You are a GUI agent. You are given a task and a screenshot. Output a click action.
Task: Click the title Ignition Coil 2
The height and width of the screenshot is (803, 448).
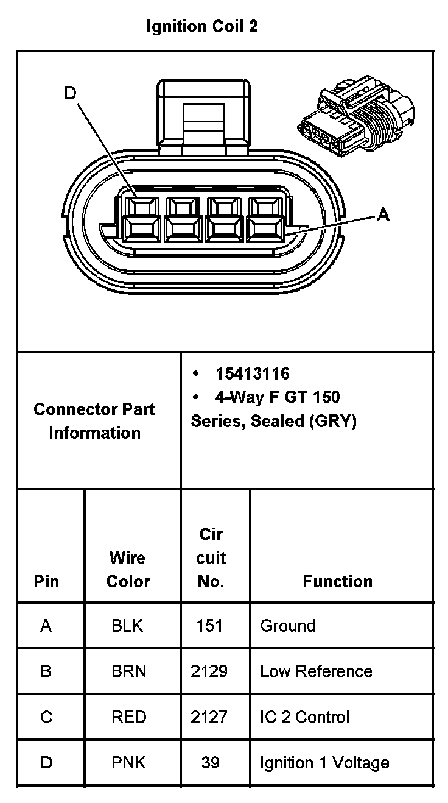(202, 27)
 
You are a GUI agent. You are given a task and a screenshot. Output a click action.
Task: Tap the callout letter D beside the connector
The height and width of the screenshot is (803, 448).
(71, 93)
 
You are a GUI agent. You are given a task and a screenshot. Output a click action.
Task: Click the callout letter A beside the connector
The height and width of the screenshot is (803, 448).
(383, 214)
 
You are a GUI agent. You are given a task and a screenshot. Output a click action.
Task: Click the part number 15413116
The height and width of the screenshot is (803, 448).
(252, 373)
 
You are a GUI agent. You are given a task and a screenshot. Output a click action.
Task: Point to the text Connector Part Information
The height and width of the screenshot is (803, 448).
(94, 421)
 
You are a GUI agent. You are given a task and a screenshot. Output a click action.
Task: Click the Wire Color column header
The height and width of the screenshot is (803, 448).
(128, 570)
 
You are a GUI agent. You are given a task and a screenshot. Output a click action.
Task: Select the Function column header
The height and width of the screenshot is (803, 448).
(337, 581)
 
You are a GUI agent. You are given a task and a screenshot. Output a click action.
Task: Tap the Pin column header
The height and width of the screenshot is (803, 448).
(46, 581)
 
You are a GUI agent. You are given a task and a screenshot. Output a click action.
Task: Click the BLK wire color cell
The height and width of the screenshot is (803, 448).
(127, 626)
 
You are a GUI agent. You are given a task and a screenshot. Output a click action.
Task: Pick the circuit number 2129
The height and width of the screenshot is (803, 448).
(209, 671)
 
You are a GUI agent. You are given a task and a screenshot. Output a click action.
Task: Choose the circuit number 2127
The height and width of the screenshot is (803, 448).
(209, 717)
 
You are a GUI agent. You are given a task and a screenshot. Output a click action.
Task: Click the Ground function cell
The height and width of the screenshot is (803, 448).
(287, 626)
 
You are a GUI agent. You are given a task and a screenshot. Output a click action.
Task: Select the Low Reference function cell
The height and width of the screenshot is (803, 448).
(316, 671)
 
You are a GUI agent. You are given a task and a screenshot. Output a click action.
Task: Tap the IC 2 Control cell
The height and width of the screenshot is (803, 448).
(304, 717)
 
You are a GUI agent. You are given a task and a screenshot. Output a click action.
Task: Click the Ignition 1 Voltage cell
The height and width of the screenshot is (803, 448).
(324, 763)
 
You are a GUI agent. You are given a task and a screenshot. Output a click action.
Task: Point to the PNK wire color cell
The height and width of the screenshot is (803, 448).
(128, 763)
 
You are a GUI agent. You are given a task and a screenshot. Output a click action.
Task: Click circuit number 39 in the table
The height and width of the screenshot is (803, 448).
(210, 763)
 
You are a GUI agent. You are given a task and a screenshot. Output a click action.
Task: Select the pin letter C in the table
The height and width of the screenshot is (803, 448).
(46, 717)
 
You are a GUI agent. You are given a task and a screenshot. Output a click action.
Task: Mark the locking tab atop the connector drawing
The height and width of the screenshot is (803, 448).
(203, 116)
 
